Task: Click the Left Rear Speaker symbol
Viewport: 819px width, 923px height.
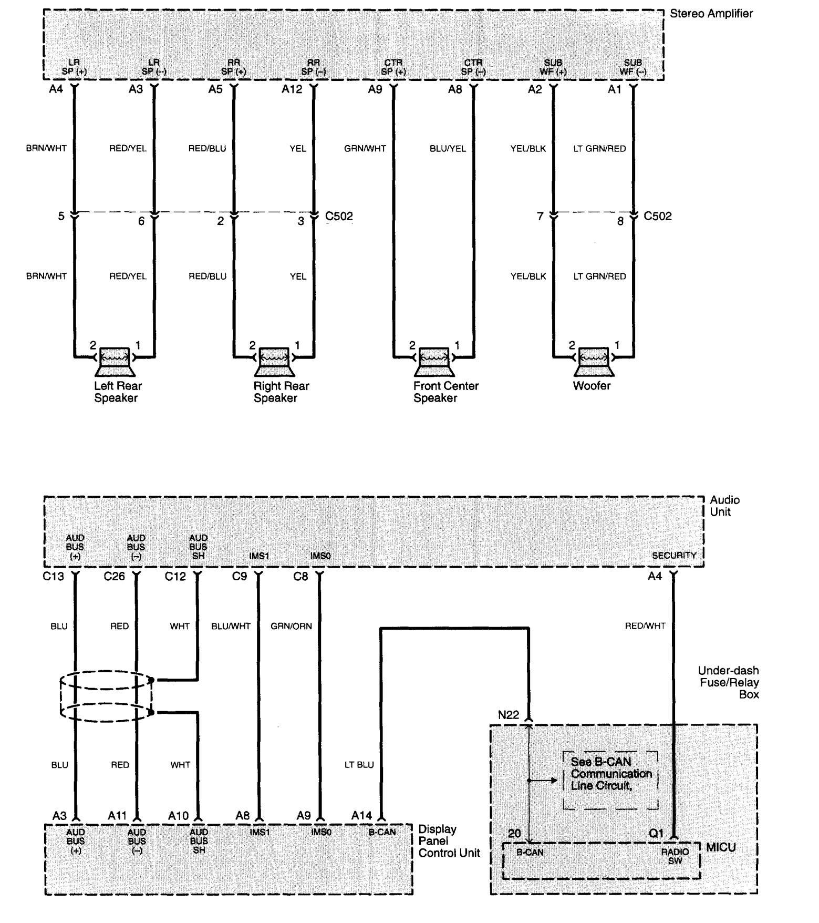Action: pos(115,361)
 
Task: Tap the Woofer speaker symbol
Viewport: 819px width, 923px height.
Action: pos(594,361)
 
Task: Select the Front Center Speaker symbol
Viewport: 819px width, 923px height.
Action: pos(434,361)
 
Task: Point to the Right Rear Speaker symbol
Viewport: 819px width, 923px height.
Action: pos(275,361)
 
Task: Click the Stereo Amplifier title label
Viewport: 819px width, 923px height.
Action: pos(711,14)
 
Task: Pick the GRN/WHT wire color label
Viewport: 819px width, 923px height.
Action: pos(365,149)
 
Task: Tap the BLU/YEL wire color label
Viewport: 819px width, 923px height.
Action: pos(448,149)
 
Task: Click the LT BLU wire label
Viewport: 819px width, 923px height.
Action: pos(359,765)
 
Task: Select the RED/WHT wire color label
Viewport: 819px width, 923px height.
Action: pos(645,626)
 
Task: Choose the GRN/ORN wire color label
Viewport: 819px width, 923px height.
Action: pos(291,626)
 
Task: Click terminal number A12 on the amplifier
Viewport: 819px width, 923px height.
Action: pos(292,89)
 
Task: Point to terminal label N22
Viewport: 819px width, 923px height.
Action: pos(509,715)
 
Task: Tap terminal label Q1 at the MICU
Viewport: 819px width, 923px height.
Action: pos(656,834)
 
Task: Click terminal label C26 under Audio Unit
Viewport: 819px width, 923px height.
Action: pos(114,577)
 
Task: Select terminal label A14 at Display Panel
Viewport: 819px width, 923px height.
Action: pos(361,815)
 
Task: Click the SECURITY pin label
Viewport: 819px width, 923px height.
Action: pos(674,555)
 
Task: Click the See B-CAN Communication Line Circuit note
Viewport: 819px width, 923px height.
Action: pos(610,774)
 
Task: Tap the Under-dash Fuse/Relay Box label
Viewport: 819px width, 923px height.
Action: pos(728,682)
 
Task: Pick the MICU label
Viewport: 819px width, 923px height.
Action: pos(721,847)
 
